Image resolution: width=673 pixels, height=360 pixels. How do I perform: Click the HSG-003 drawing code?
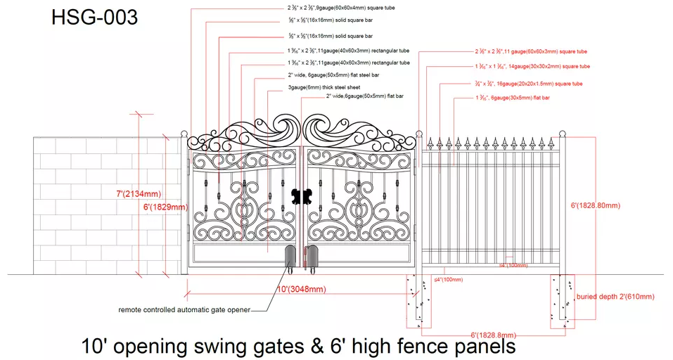(94, 17)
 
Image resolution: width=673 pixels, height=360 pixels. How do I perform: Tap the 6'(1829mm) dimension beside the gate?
(166, 207)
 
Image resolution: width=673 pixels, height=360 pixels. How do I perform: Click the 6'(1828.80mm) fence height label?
(595, 205)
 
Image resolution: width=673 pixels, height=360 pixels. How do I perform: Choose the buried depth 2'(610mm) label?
(615, 297)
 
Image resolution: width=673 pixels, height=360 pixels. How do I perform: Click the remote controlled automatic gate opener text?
(184, 309)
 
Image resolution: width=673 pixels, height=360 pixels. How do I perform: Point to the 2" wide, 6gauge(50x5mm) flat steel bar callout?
(333, 74)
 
